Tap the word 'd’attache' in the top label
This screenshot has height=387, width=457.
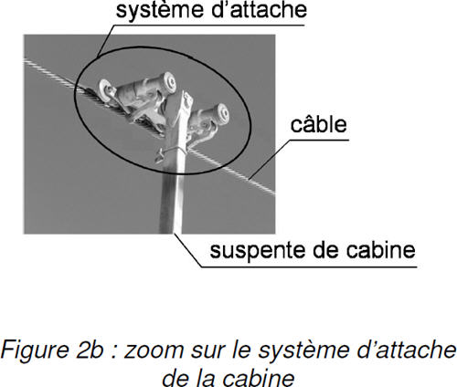click(254, 9)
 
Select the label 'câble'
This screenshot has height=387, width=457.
click(318, 124)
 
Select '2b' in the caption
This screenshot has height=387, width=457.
click(90, 350)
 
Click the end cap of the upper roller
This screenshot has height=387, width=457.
click(169, 82)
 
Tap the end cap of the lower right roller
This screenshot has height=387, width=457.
click(222, 113)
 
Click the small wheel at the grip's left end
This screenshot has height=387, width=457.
click(105, 90)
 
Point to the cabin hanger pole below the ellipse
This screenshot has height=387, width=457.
click(171, 204)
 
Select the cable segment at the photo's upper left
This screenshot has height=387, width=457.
click(50, 72)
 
